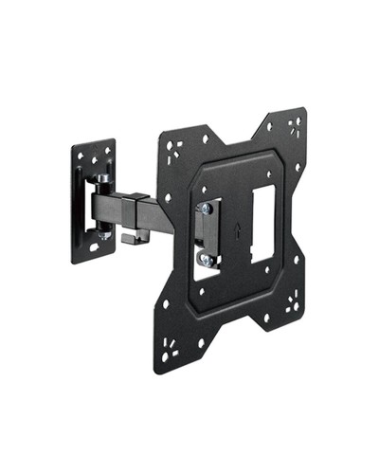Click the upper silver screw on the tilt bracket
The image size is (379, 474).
(203, 211)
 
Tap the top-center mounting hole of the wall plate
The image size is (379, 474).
(94, 152)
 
